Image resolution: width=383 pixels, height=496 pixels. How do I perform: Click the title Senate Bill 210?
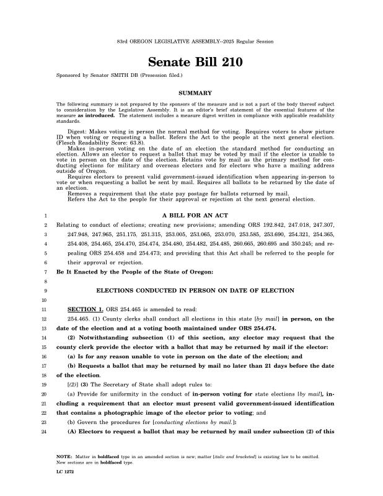tap(191, 63)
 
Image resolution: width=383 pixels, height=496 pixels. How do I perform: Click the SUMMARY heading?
tap(191, 93)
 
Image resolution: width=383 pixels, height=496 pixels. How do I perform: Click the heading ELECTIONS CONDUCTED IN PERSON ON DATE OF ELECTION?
tap(191, 290)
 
